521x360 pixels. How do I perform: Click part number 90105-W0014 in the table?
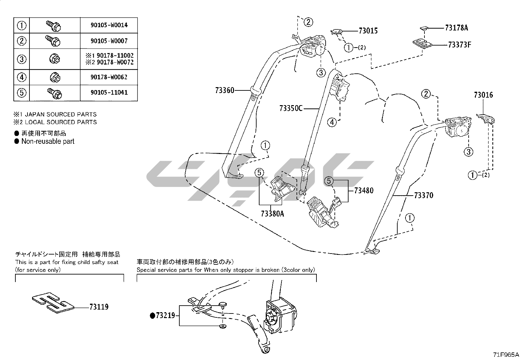tap(109, 25)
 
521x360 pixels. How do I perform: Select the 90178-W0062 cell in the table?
tap(109, 77)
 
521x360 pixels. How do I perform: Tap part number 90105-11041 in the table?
tap(109, 93)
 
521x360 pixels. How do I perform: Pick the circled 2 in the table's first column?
tap(22, 41)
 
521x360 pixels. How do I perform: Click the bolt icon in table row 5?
tap(55, 93)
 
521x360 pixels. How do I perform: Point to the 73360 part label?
tap(225, 90)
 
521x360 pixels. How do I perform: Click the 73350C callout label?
tap(291, 108)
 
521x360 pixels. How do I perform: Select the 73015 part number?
tap(368, 31)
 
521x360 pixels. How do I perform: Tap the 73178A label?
tap(457, 28)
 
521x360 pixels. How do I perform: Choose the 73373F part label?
tap(459, 45)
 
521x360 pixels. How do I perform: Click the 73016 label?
tap(483, 95)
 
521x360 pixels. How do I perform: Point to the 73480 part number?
tap(364, 190)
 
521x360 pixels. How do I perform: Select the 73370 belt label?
tap(423, 196)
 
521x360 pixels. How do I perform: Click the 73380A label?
tap(273, 214)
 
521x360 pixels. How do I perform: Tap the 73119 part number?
tap(99, 307)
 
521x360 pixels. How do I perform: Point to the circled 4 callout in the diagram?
tap(332, 123)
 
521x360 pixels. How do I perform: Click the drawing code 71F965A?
tap(506, 354)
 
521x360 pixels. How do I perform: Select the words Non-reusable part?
tap(48, 142)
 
